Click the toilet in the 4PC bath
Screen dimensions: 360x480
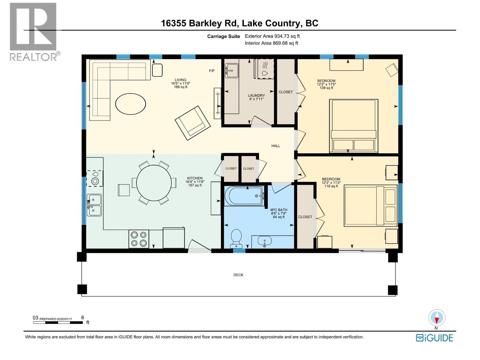(x=236, y=238)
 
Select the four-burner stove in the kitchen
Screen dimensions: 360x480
(x=139, y=239)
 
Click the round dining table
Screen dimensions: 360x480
(x=154, y=182)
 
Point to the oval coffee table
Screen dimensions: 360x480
(x=130, y=104)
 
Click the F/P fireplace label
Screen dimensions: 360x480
(x=212, y=71)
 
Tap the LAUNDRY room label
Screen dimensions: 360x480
(x=256, y=95)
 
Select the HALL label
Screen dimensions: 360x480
(x=275, y=146)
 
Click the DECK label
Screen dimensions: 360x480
(x=238, y=275)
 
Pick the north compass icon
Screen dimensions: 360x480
(x=436, y=318)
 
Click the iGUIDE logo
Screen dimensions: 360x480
(x=434, y=338)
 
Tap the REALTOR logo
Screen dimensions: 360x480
(x=33, y=31)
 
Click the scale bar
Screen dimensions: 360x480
(x=58, y=323)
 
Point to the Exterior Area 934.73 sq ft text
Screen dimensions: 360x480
(x=272, y=36)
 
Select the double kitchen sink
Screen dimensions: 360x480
(x=94, y=205)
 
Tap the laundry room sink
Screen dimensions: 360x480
(x=232, y=71)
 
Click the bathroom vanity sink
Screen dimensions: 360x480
(x=265, y=241)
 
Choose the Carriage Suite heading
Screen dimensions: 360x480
(x=223, y=36)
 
